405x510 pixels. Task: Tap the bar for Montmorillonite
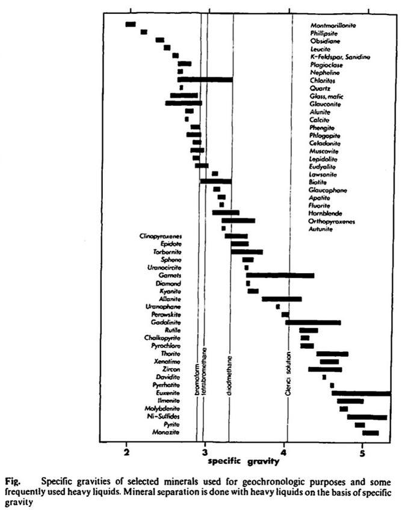[x=130, y=24]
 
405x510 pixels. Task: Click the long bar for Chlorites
[x=205, y=79]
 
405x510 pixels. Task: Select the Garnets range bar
[x=280, y=275]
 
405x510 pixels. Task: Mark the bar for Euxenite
[x=360, y=393]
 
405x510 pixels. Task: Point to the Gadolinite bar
[x=313, y=322]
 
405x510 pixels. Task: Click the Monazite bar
[x=370, y=432]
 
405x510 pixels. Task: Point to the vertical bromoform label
[x=197, y=379]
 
